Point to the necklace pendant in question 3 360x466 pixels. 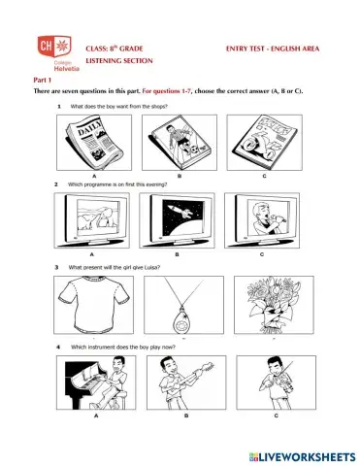click(179, 316)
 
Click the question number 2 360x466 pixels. click(57, 183)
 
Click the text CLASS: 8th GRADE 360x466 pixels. click(115, 47)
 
